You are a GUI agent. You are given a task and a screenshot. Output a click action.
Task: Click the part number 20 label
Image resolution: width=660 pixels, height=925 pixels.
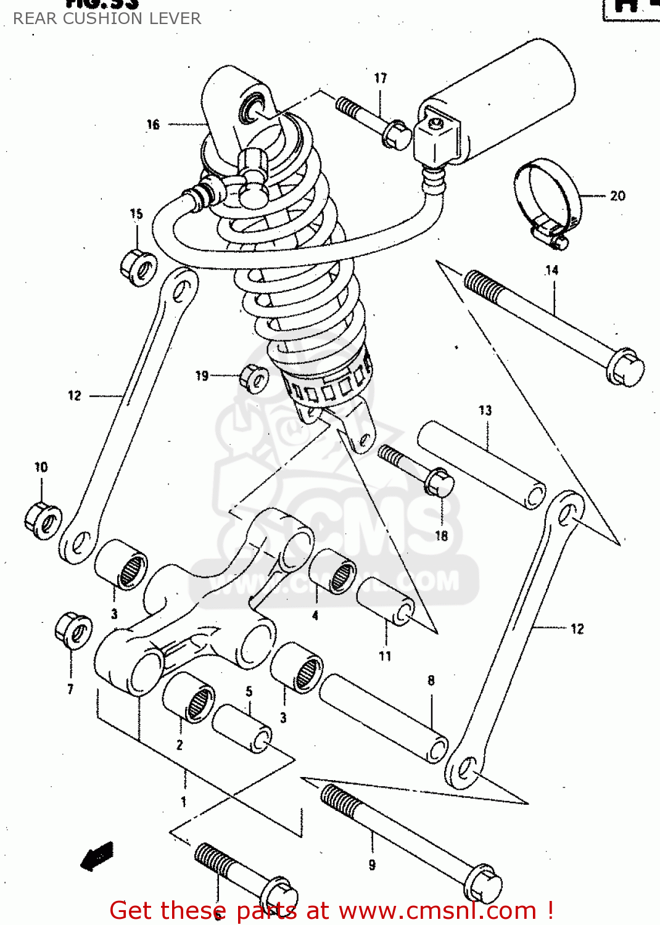coord(617,196)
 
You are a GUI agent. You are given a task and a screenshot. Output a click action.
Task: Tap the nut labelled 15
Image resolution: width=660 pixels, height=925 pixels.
coord(138,267)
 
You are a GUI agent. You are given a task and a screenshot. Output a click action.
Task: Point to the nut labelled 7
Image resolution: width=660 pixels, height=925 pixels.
coord(73,630)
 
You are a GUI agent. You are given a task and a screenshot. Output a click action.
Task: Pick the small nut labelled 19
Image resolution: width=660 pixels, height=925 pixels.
coord(254,377)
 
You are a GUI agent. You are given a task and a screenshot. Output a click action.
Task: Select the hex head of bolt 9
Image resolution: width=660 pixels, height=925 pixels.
coord(482,886)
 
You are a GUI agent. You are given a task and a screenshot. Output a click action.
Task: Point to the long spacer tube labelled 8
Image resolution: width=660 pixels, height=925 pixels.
coord(384,718)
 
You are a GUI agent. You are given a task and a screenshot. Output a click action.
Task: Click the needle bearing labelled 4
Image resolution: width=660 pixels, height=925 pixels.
coord(332,572)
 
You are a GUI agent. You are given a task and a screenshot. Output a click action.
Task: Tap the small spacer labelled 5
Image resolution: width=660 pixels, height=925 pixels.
coord(242,728)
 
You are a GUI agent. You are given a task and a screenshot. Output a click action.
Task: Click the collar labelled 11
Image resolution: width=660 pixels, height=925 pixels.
coord(386,601)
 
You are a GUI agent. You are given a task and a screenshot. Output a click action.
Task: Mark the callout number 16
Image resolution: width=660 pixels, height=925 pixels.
coord(153,125)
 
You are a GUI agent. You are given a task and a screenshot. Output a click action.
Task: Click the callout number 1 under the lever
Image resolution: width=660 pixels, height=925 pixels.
coord(183,802)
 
